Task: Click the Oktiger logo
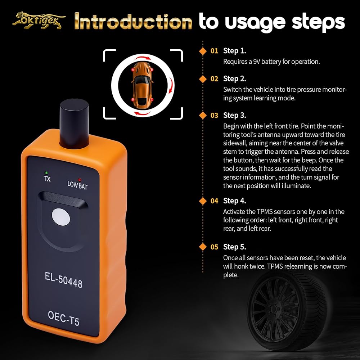click(39, 21)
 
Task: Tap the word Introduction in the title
click(133, 22)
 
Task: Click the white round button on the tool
click(61, 217)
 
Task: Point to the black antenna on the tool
click(74, 124)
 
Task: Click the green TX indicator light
click(46, 173)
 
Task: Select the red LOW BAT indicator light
click(80, 180)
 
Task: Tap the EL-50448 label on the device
click(64, 280)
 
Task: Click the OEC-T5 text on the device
click(64, 319)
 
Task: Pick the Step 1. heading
click(234, 51)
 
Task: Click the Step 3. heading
click(234, 115)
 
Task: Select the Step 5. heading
click(234, 247)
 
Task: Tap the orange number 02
click(214, 79)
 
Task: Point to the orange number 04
click(214, 201)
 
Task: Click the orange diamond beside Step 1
click(203, 51)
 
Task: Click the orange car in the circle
click(142, 85)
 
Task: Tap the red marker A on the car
click(133, 69)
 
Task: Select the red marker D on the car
click(133, 100)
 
